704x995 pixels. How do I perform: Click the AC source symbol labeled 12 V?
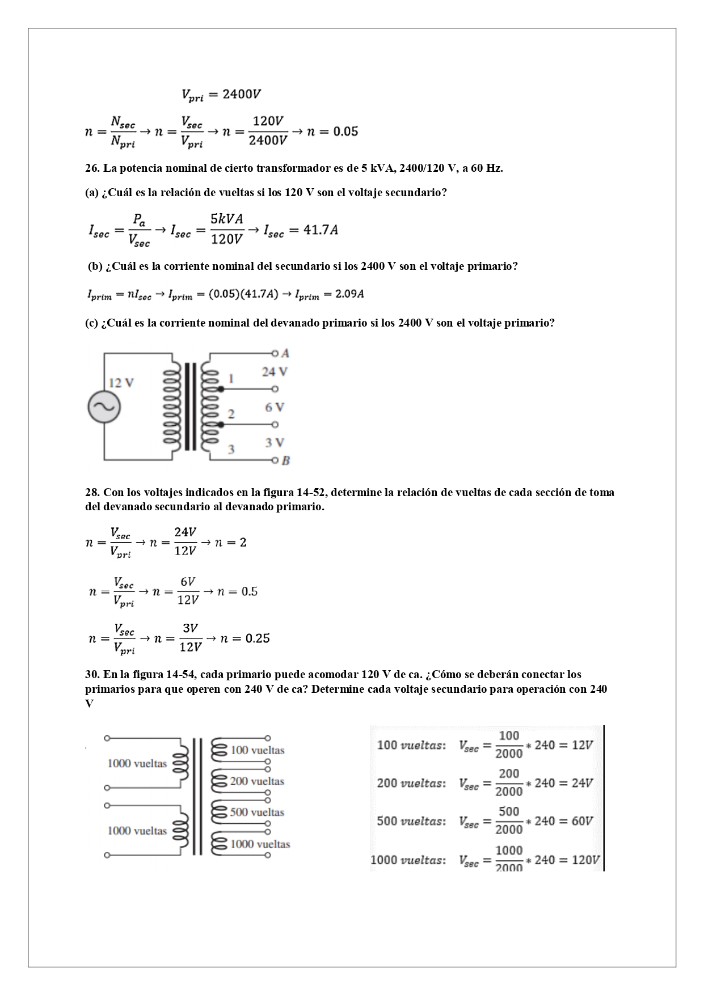coord(104,407)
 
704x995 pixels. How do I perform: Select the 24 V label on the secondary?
coord(275,371)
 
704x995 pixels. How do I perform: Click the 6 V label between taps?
coord(275,407)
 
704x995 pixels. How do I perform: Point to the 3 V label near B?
coord(275,443)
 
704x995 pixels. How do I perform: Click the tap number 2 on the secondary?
coord(231,414)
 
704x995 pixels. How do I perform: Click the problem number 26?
coord(92,168)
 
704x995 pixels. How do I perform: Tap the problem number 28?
coord(92,492)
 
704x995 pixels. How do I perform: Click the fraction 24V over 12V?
coord(186,541)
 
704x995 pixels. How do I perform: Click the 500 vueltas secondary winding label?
coord(257,812)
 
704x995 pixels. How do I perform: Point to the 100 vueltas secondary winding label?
coord(257,750)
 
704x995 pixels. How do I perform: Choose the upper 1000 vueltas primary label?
coord(137,763)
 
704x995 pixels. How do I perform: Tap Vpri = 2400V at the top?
coord(221,94)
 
